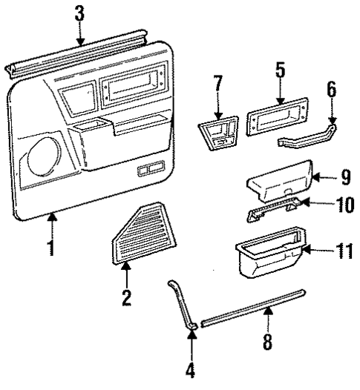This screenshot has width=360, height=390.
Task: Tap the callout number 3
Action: point(80,13)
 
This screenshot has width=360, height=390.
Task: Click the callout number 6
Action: point(332,91)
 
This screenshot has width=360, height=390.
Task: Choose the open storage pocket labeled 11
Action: point(272,256)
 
